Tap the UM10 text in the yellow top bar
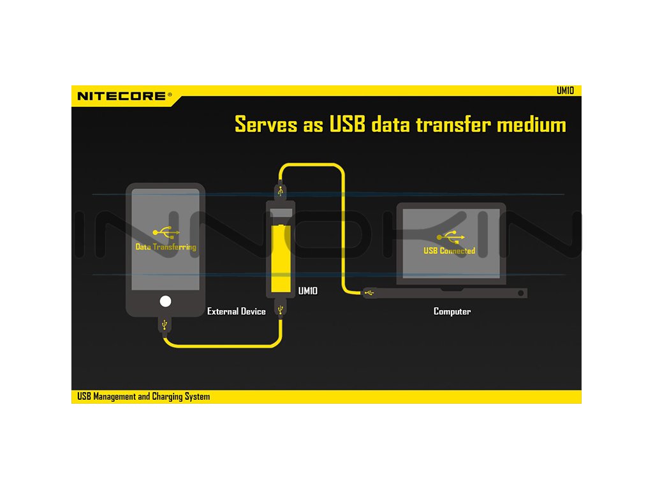565,90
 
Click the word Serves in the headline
266,124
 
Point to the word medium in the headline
531,124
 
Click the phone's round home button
166,302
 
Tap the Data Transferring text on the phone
166,246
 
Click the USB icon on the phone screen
165,233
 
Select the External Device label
237,311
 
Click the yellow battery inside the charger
281,258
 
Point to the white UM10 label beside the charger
308,291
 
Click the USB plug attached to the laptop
369,293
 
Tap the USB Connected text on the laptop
450,250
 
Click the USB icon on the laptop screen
451,237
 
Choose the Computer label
452,311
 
